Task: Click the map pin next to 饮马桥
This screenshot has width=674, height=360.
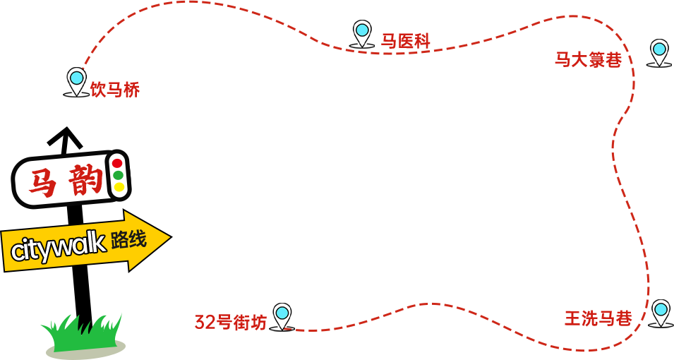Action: (x=76, y=79)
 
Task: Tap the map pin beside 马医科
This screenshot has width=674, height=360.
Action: (x=362, y=32)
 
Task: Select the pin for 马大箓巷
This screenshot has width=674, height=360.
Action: (x=659, y=51)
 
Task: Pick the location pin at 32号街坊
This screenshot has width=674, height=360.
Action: (x=282, y=314)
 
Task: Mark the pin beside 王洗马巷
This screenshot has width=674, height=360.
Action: (x=661, y=311)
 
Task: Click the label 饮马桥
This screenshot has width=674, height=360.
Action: (x=115, y=90)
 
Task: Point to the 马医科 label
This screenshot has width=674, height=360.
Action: (x=406, y=41)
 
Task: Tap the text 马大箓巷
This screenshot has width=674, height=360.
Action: (x=588, y=59)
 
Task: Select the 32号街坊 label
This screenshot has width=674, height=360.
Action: (x=231, y=322)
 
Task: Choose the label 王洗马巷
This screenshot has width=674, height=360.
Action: (x=598, y=318)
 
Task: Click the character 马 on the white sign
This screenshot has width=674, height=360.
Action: (x=43, y=184)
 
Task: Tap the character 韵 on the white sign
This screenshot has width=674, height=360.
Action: (x=86, y=181)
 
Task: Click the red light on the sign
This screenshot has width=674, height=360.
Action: (x=117, y=164)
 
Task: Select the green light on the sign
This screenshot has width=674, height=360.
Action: (x=118, y=175)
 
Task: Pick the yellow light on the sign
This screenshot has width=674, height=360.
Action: (x=119, y=187)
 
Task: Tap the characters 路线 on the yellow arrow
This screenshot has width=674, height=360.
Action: (x=128, y=240)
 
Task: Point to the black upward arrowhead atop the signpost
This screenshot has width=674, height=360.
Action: (x=66, y=136)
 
